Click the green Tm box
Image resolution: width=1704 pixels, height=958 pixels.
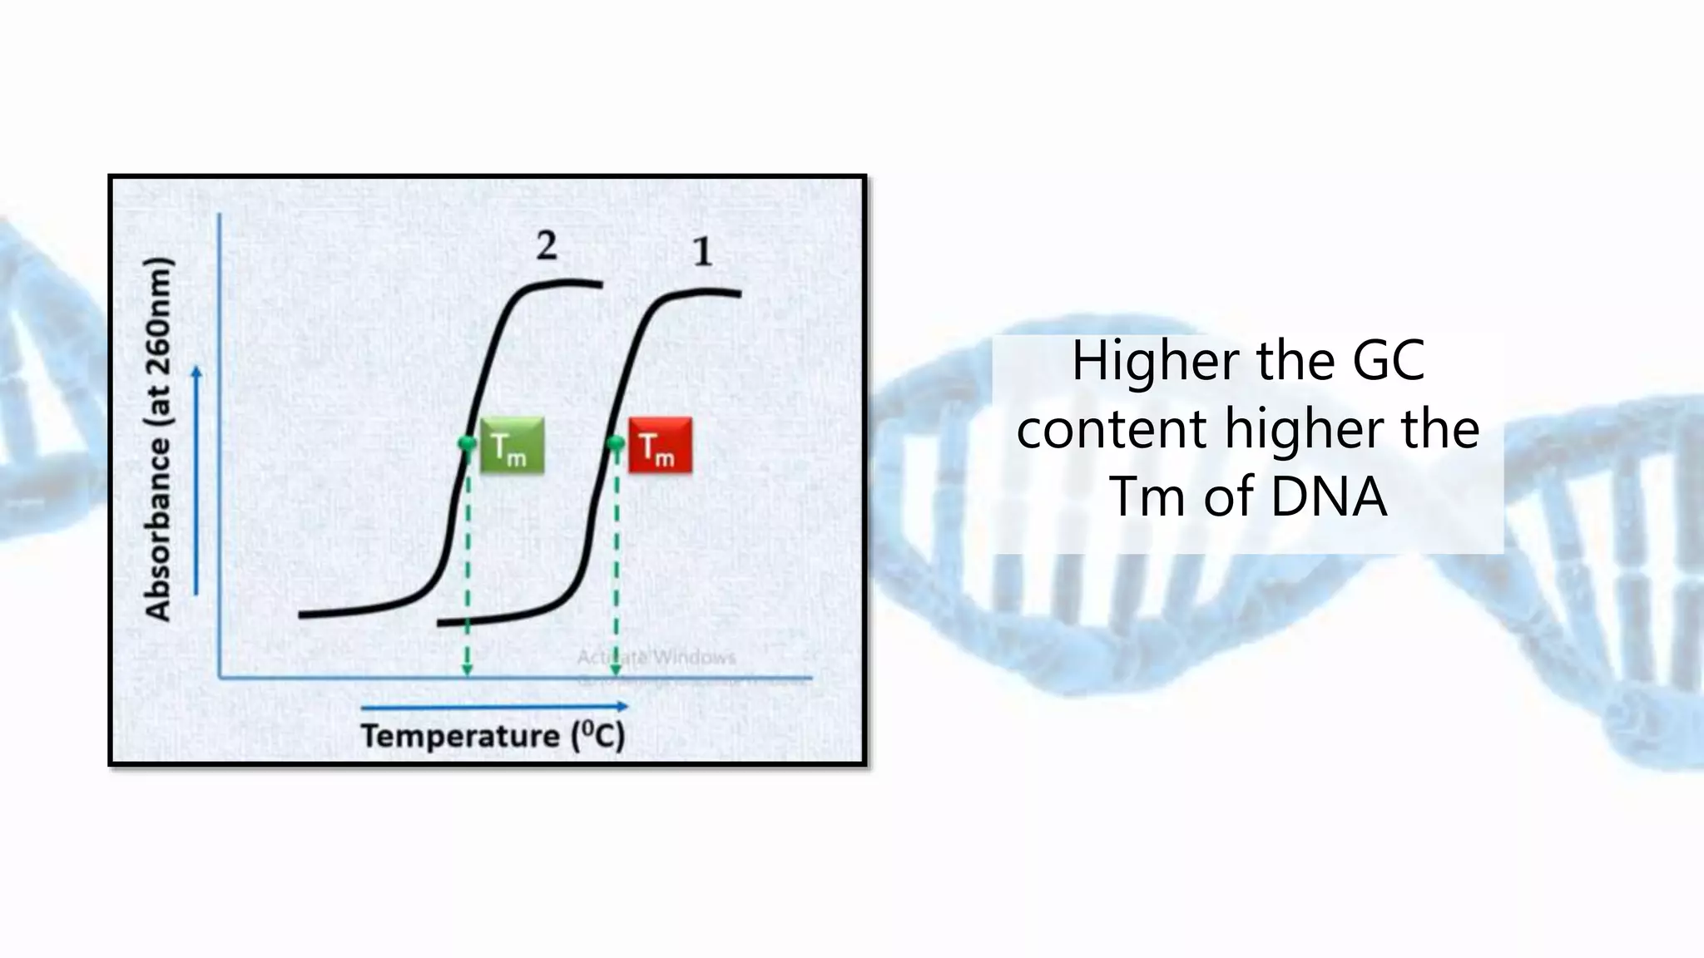[x=512, y=446]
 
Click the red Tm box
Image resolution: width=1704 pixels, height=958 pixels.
[x=660, y=446]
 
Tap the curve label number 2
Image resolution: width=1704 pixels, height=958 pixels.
[x=546, y=245]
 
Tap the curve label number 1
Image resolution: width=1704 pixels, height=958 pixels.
[x=703, y=252]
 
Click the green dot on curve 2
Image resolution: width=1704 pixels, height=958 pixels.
[x=468, y=443]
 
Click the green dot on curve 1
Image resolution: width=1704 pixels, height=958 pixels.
[x=616, y=443]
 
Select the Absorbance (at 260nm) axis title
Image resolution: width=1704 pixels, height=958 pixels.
[x=158, y=439]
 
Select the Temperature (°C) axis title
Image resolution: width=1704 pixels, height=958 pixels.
[x=493, y=736]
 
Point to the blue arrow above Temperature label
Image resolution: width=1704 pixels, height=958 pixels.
[x=494, y=707]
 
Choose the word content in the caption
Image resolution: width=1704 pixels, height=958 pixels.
[x=1112, y=429]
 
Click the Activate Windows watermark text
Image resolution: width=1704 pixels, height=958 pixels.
[x=656, y=658]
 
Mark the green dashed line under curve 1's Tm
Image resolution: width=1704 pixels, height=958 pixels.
[x=616, y=565]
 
